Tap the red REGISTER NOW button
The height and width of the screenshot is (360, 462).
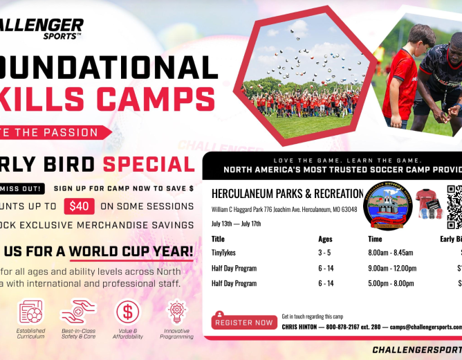point(243,323)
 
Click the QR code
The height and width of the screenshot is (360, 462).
point(454,206)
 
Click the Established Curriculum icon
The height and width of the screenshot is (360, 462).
point(31,312)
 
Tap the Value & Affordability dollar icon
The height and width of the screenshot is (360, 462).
point(127,312)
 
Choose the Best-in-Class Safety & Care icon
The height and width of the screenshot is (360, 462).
point(78,312)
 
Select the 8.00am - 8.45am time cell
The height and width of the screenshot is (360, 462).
point(391,253)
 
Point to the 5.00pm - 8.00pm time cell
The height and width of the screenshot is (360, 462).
point(391,283)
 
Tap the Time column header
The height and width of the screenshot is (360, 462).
point(375,239)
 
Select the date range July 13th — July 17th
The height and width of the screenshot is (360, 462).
point(236,224)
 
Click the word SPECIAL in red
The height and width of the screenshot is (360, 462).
point(149,164)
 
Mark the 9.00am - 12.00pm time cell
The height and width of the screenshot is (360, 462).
point(391,269)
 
